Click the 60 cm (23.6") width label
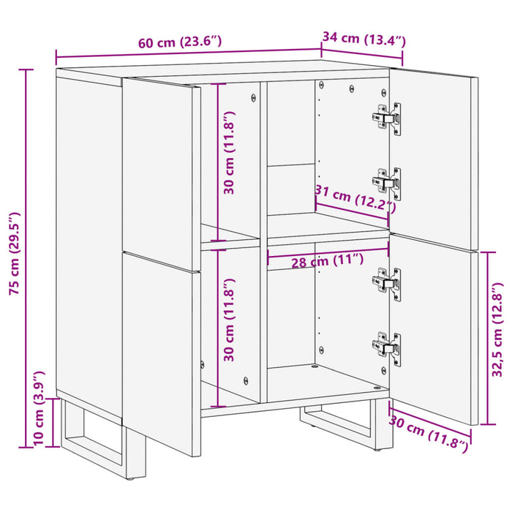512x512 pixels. (x=179, y=42)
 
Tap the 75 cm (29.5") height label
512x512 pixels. (x=15, y=253)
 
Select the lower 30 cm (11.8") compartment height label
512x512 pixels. (x=230, y=321)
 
